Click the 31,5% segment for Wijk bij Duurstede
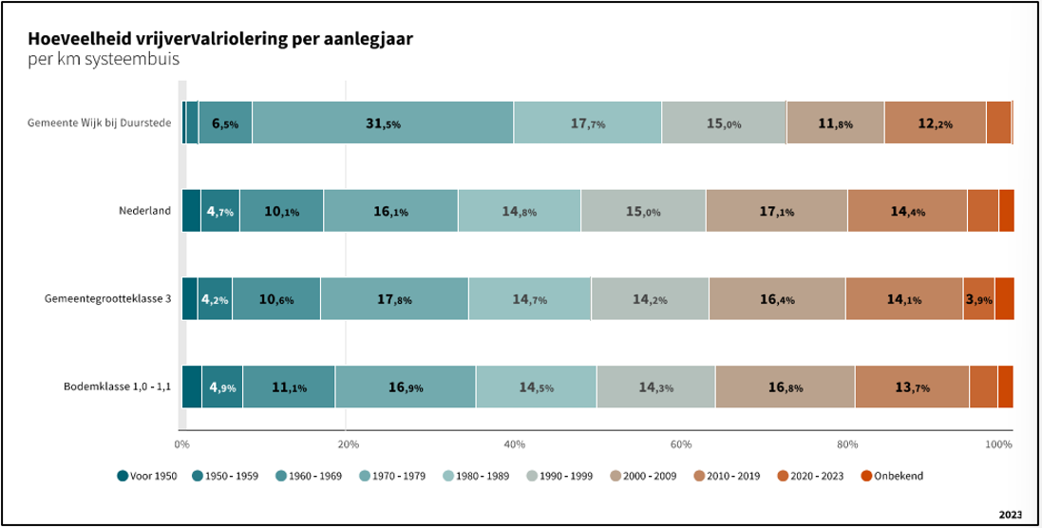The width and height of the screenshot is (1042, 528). pyautogui.click(x=383, y=123)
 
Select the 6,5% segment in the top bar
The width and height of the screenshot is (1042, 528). pyautogui.click(x=225, y=123)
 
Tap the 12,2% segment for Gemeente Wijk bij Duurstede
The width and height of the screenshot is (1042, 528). pyautogui.click(x=935, y=123)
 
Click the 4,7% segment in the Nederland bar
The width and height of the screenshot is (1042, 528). pyautogui.click(x=219, y=211)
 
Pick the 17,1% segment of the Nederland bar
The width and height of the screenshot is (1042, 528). pyautogui.click(x=776, y=211)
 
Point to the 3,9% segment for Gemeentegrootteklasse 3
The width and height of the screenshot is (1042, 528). pyautogui.click(x=978, y=298)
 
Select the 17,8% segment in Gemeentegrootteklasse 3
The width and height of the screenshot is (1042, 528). pyautogui.click(x=393, y=298)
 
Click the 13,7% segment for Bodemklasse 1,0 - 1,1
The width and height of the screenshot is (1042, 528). pyautogui.click(x=911, y=387)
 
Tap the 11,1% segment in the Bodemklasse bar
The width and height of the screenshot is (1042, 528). pyautogui.click(x=288, y=387)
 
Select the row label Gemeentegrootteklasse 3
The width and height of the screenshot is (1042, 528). pyautogui.click(x=107, y=298)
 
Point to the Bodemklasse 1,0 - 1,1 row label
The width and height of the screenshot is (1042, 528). pyautogui.click(x=117, y=387)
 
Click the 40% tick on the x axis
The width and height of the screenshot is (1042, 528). pyautogui.click(x=514, y=443)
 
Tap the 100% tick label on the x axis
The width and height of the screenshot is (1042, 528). pyautogui.click(x=997, y=443)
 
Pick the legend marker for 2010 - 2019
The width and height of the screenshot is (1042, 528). pyautogui.click(x=690, y=475)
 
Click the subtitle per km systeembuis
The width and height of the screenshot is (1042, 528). pyautogui.click(x=104, y=59)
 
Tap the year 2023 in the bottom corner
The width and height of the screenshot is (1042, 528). pyautogui.click(x=1010, y=514)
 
